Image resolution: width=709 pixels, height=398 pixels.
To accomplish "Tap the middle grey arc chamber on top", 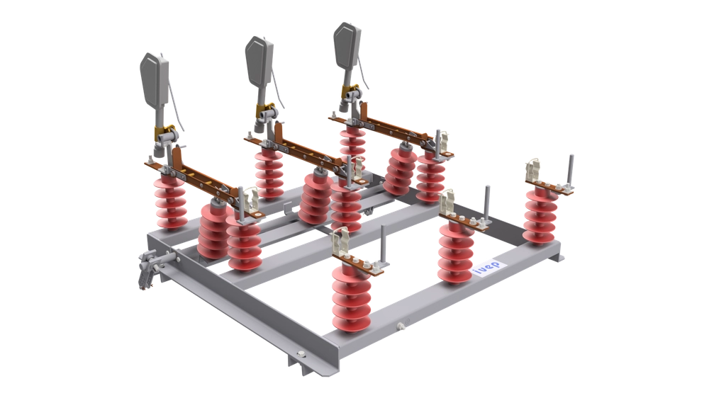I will (x=255, y=57).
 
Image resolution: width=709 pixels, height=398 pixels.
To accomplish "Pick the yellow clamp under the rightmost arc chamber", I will (x=349, y=90).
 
